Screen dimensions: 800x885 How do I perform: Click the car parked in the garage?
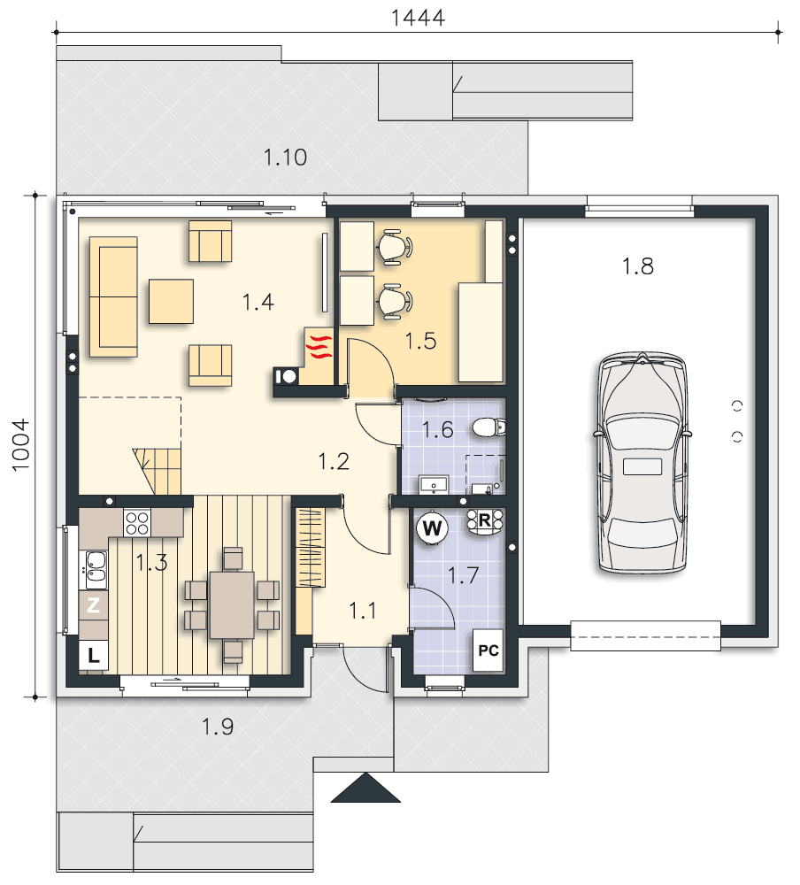(642, 463)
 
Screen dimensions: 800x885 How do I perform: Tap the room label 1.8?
(637, 265)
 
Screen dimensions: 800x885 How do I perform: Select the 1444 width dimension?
(418, 18)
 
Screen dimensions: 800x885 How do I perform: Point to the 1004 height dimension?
(20, 445)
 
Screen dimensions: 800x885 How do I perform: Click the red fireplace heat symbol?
(319, 347)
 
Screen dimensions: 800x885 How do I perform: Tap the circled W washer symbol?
(432, 528)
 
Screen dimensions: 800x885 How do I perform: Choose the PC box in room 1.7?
(488, 650)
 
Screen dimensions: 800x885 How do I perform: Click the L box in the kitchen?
(93, 655)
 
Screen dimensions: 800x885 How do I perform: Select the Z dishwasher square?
(93, 605)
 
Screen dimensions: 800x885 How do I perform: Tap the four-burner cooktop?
(137, 522)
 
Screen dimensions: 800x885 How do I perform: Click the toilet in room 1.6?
(488, 427)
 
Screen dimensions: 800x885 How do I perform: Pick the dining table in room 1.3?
(232, 604)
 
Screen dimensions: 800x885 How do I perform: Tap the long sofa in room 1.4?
(113, 296)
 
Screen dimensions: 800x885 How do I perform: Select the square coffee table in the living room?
(171, 302)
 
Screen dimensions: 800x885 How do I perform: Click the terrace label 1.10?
(285, 157)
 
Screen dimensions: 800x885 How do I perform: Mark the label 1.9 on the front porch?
(218, 727)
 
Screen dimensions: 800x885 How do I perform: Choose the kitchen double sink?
(96, 569)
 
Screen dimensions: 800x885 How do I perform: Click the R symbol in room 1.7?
(484, 521)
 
